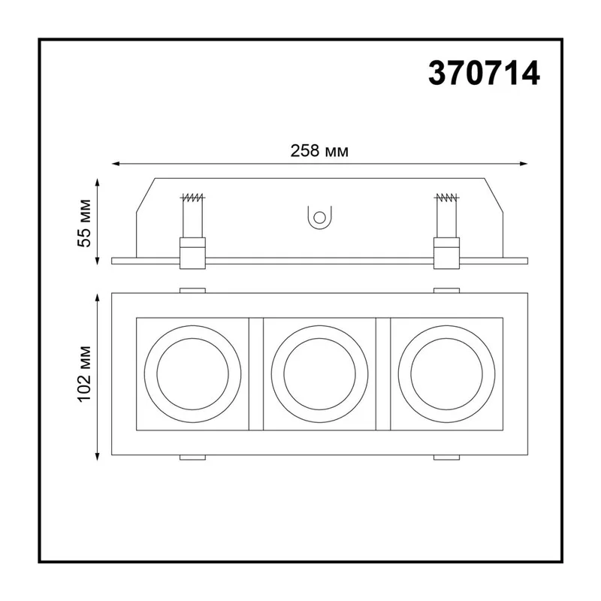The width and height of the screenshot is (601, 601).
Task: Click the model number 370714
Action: pos(484,73)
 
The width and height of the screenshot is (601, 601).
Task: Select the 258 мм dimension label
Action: pos(319,151)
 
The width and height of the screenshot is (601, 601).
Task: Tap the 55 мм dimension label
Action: pos(85,223)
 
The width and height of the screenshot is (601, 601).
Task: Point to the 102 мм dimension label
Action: pos(85,373)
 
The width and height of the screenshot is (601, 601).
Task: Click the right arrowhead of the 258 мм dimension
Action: pos(523,164)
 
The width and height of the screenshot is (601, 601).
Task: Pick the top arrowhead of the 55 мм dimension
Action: pos(98,183)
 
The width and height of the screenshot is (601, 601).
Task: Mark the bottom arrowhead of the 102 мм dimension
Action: pos(98,455)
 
